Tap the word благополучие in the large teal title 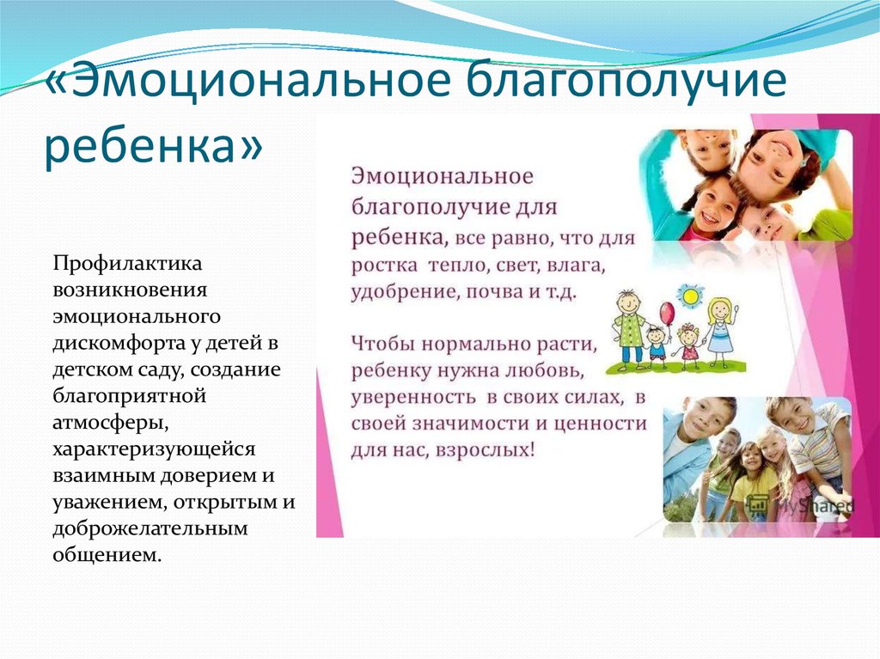click(x=626, y=82)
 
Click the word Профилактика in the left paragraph click(x=127, y=263)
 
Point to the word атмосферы click(x=111, y=423)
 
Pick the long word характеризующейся click(x=154, y=449)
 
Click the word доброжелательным click(x=150, y=528)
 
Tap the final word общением click(x=107, y=555)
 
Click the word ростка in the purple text click(x=384, y=265)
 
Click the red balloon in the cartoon click(x=667, y=313)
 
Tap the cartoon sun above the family click(x=689, y=294)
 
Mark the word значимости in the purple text click(x=470, y=424)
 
